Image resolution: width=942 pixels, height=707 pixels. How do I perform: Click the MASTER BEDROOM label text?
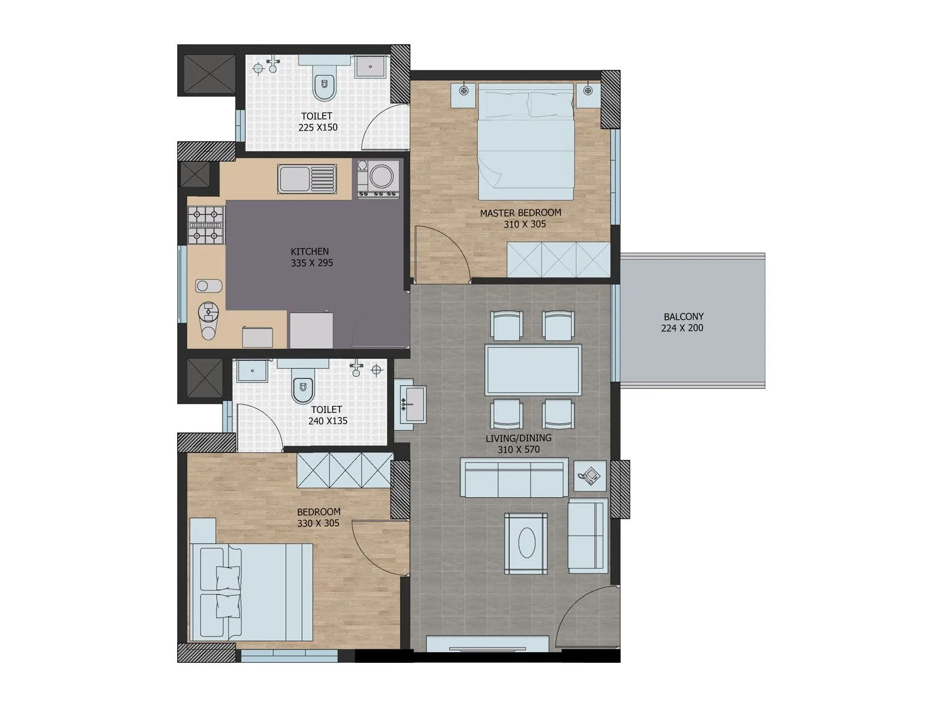pos(520,213)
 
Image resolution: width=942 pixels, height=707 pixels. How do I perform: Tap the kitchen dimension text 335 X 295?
pos(311,263)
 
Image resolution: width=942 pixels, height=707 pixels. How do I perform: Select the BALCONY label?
pos(683,316)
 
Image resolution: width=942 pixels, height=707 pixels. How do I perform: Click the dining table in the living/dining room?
pos(533,370)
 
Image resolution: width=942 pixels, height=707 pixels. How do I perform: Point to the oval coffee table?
pos(526,543)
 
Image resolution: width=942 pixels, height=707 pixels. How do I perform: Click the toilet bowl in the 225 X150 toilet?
pos(324,85)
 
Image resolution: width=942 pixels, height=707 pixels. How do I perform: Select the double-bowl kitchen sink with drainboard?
pos(307,179)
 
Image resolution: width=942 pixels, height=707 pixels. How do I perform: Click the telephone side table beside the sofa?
pos(589,474)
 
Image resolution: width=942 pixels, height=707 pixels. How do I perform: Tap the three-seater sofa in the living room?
pos(514,478)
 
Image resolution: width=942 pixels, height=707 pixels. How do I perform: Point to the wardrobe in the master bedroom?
pos(558,259)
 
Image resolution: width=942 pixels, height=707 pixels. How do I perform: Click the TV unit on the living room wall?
pos(487,643)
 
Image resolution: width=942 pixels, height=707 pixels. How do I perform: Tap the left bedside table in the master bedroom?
pos(464,94)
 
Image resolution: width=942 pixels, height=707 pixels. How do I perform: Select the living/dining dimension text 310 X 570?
pos(518,450)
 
